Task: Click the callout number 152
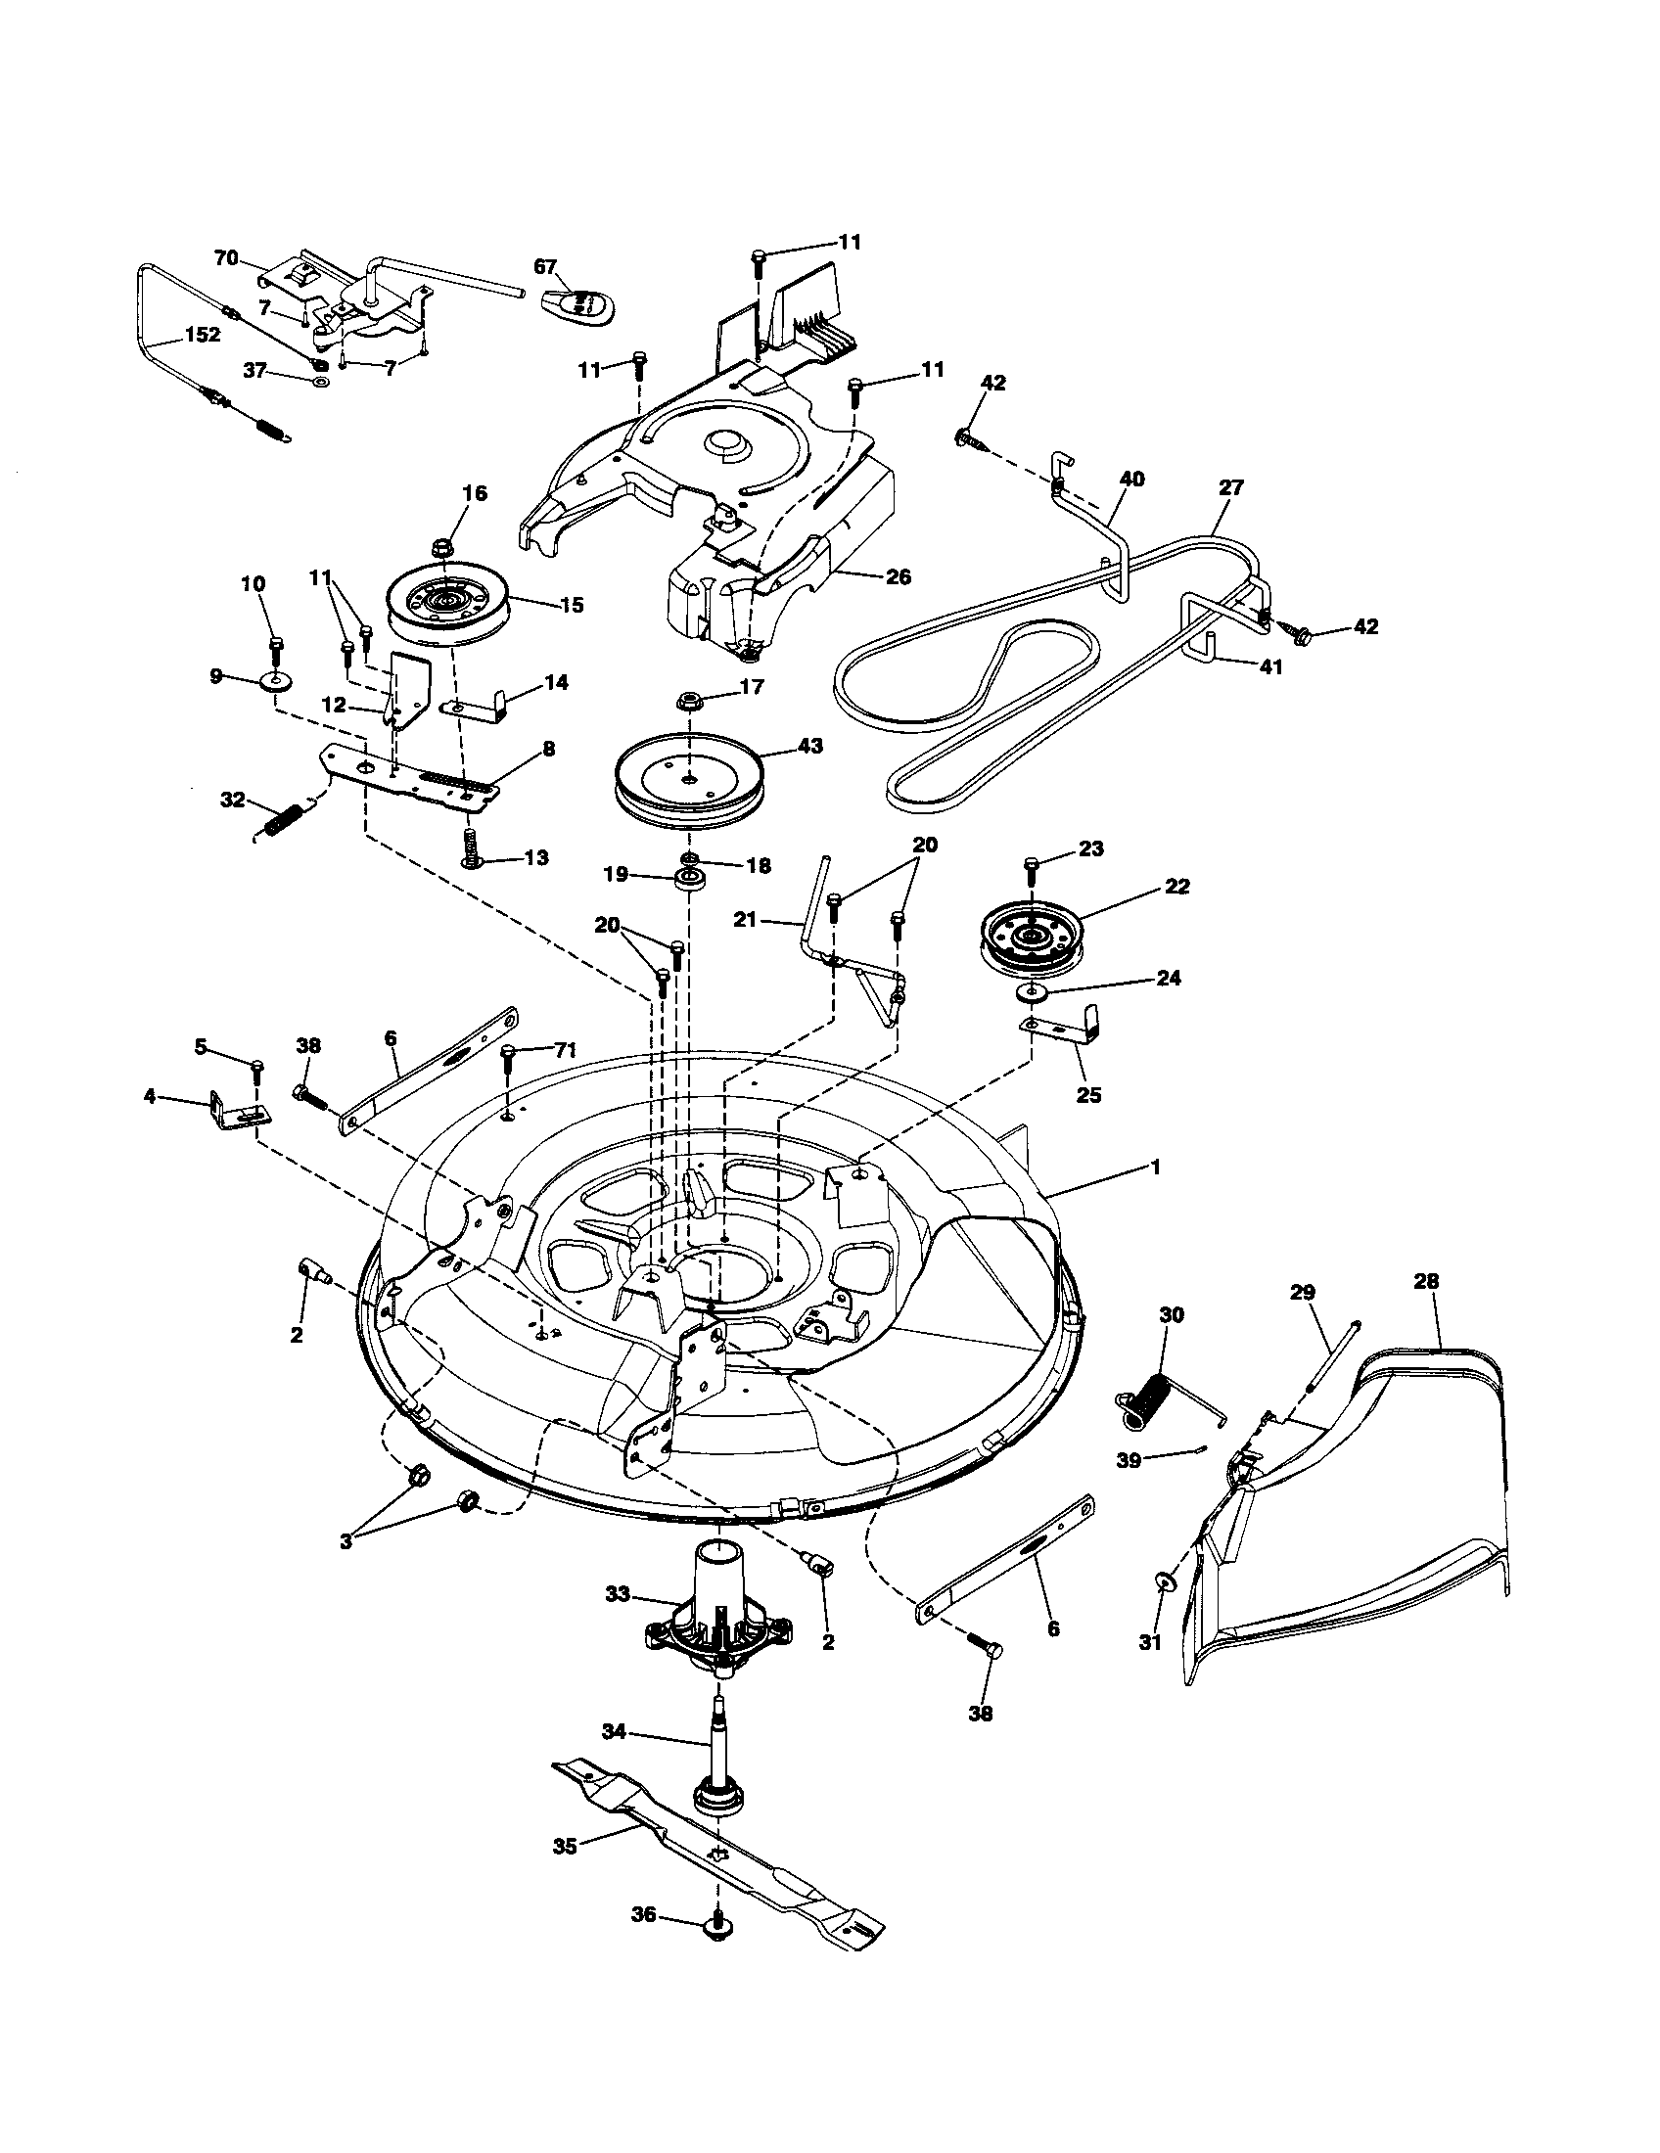pyautogui.click(x=202, y=334)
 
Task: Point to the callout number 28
pyautogui.click(x=1425, y=1281)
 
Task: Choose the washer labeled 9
pyautogui.click(x=275, y=681)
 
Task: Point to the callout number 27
pyautogui.click(x=1231, y=487)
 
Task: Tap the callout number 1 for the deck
pyautogui.click(x=1155, y=1167)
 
